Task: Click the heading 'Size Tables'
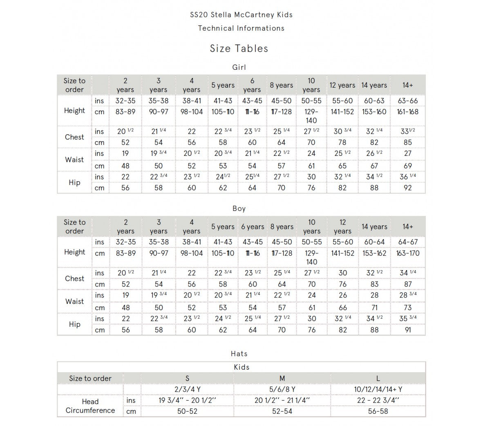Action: tap(239, 49)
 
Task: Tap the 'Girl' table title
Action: tap(239, 67)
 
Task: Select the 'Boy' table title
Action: tap(239, 209)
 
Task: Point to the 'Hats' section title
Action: tap(239, 354)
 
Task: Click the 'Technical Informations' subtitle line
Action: tap(241, 28)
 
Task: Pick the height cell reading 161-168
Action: tap(407, 112)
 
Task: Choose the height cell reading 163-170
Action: tap(407, 253)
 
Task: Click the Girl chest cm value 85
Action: tap(407, 142)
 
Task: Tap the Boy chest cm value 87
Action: tap(407, 284)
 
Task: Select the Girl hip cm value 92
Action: tap(407, 188)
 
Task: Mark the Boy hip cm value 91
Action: tap(407, 330)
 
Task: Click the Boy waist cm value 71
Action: tap(374, 307)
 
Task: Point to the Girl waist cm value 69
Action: tap(407, 166)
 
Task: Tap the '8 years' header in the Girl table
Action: tap(281, 85)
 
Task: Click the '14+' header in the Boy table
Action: tap(407, 226)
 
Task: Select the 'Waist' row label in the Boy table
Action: tap(74, 302)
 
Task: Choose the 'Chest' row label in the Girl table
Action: tap(74, 137)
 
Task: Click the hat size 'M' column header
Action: tap(282, 378)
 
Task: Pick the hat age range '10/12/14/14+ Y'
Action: tap(378, 389)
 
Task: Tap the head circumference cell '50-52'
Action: tap(187, 411)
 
